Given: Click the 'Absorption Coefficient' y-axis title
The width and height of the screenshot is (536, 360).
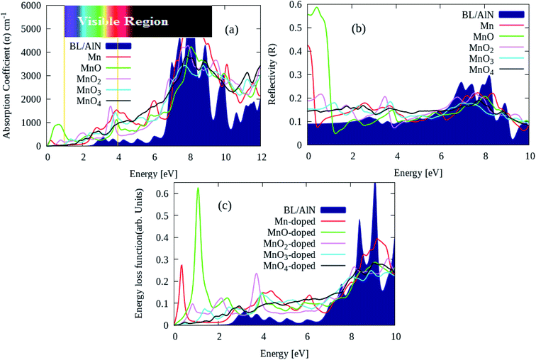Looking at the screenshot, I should [8, 74].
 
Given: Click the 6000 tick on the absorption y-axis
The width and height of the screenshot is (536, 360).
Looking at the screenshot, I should [30, 5].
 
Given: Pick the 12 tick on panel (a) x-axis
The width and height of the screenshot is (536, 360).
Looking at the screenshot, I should [260, 156].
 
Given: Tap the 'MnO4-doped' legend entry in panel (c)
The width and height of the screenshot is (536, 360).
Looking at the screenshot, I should [288, 266].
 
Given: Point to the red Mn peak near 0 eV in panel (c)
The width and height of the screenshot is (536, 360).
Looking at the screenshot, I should [182, 266].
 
